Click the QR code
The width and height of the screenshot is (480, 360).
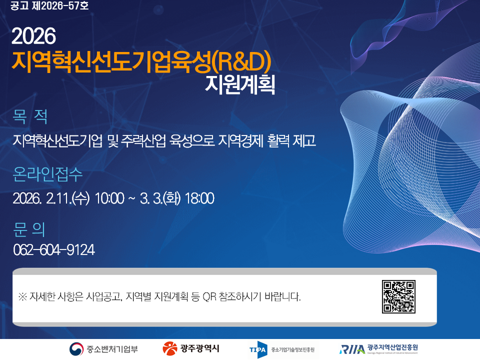point(398,297)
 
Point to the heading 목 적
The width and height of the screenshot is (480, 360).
point(30,117)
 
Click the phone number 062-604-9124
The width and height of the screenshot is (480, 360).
point(54,249)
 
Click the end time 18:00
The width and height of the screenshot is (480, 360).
point(199,198)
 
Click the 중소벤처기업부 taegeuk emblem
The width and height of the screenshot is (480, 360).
point(76,348)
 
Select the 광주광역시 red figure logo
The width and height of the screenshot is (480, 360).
point(170,348)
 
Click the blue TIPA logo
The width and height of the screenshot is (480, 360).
point(257,349)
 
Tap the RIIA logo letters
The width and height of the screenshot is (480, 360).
point(351,349)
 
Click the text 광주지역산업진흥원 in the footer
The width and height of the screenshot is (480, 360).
point(392,347)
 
